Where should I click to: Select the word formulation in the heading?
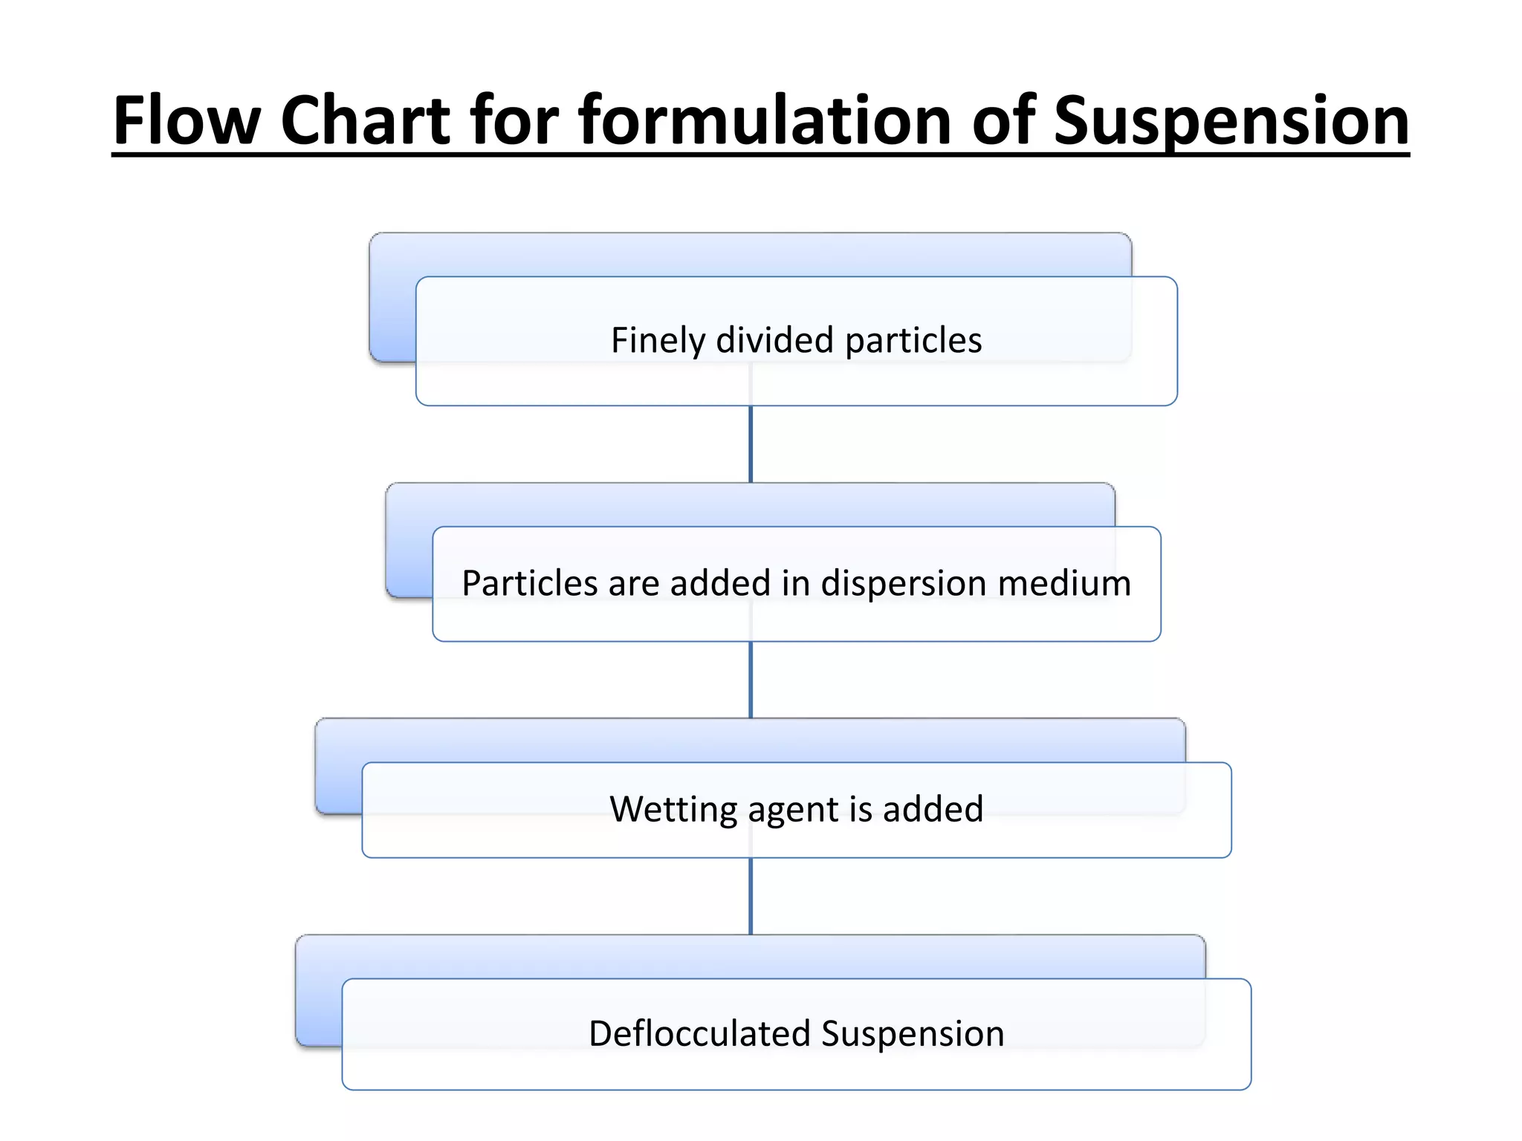coord(765,120)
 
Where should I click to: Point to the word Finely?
coord(658,340)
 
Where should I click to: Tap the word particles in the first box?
coord(913,340)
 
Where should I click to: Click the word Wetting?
coord(673,809)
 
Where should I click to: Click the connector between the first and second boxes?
coord(751,444)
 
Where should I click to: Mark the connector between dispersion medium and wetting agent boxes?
coord(751,680)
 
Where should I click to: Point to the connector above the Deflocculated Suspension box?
coord(751,897)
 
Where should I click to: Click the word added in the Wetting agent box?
coord(933,809)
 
